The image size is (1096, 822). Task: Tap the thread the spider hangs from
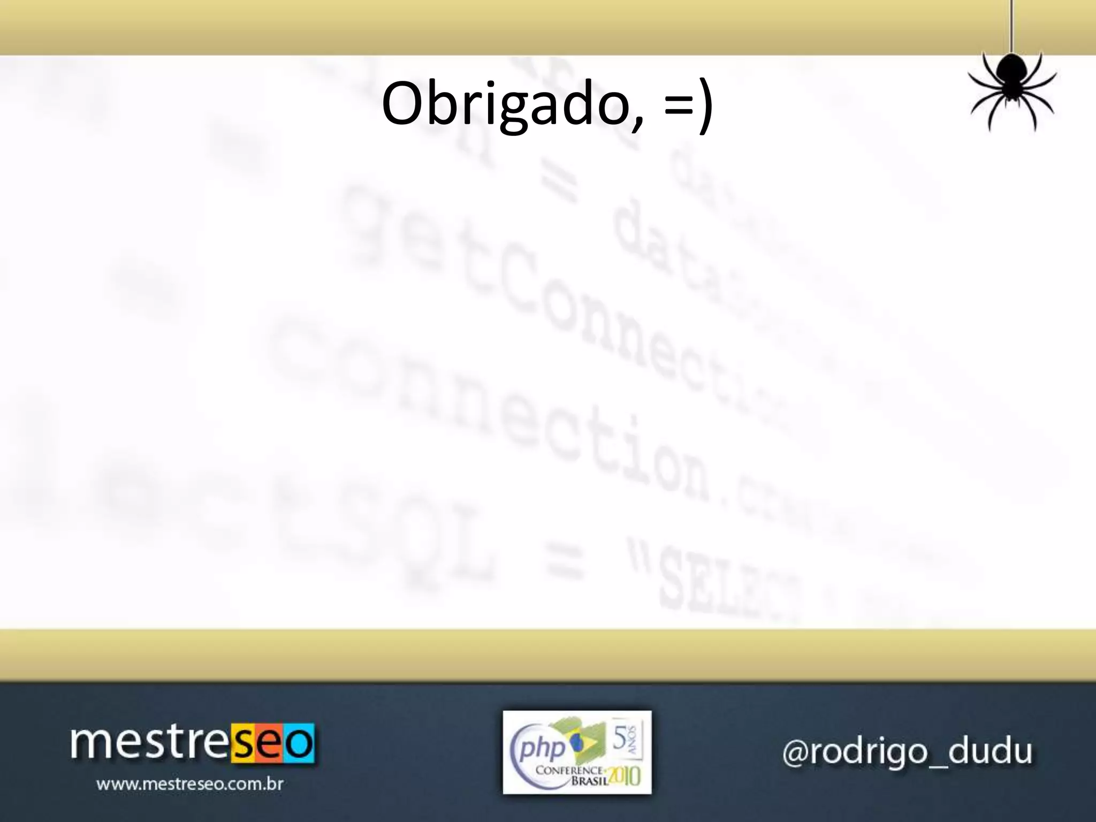(1011, 27)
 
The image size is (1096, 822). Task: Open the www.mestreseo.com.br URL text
(189, 785)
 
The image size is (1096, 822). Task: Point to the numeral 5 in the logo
(619, 739)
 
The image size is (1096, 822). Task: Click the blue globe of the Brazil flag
(577, 742)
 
